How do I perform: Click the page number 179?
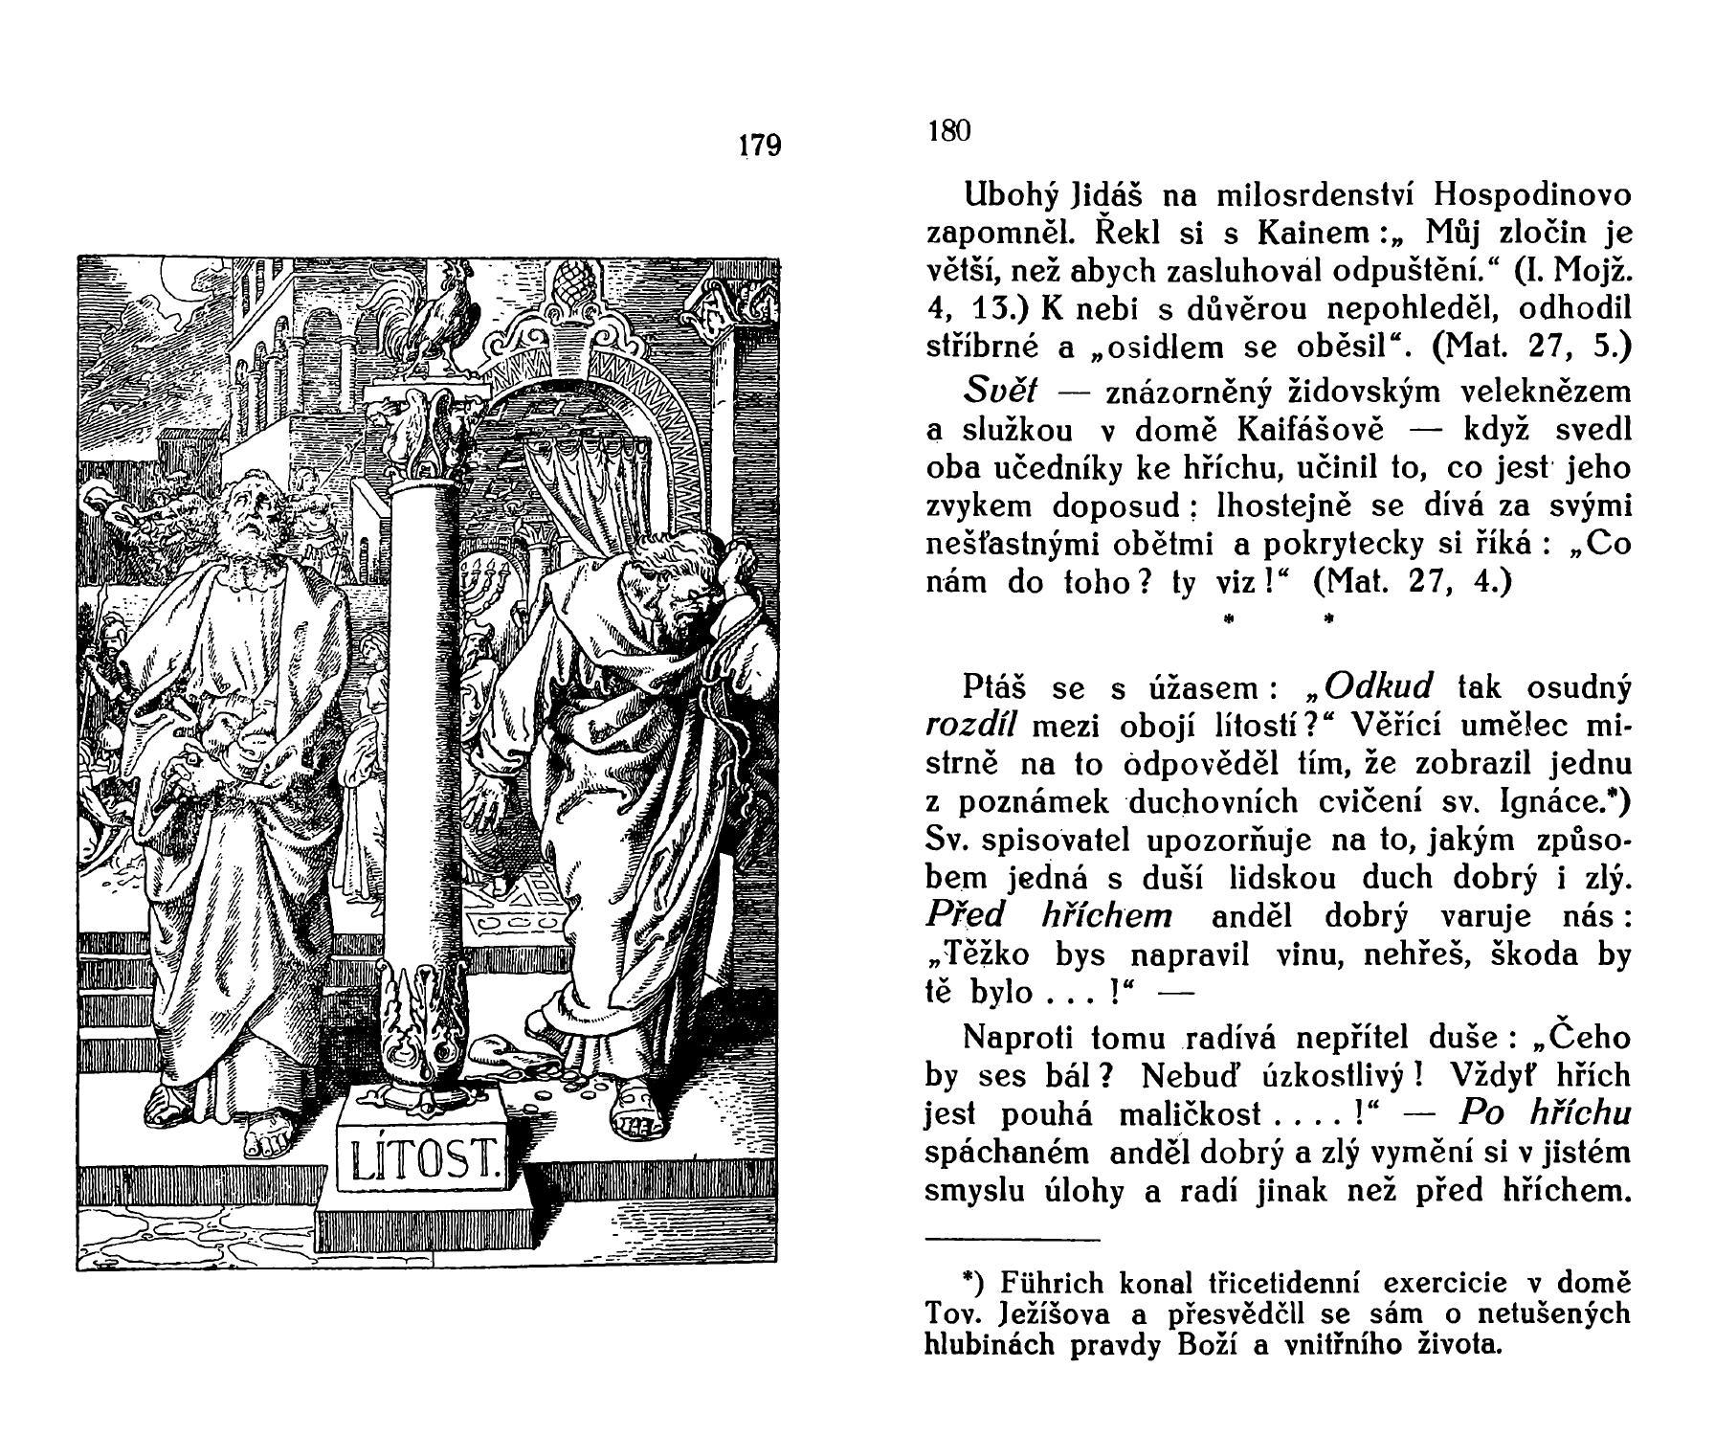[x=761, y=146]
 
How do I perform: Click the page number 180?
[x=949, y=131]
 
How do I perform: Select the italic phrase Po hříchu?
[x=1546, y=1113]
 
